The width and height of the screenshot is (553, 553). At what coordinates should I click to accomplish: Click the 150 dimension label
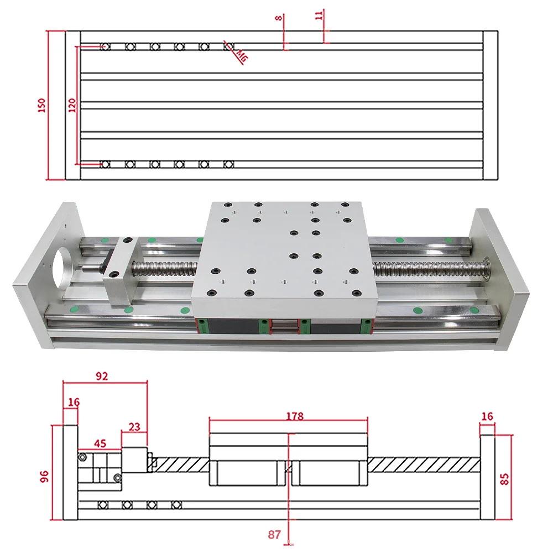[x=41, y=105]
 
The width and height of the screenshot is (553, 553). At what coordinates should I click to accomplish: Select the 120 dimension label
[x=71, y=105]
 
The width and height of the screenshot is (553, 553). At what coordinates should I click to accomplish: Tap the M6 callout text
[x=242, y=55]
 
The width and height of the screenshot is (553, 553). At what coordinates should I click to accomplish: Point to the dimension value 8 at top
[x=279, y=18]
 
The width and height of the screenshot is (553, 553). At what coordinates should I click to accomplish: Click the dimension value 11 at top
[x=319, y=15]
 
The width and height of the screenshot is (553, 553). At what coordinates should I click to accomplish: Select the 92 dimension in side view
[x=102, y=376]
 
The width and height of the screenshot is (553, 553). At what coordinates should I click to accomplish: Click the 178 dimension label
[x=295, y=416]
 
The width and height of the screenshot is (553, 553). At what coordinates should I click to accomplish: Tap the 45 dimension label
[x=100, y=443]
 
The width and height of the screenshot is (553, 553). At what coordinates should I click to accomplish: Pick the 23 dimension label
[x=134, y=427]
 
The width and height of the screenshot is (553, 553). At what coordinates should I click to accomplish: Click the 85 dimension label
[x=504, y=478]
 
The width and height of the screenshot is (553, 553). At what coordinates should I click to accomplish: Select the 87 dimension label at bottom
[x=275, y=535]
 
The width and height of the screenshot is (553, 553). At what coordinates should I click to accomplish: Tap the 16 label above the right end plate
[x=487, y=416]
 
